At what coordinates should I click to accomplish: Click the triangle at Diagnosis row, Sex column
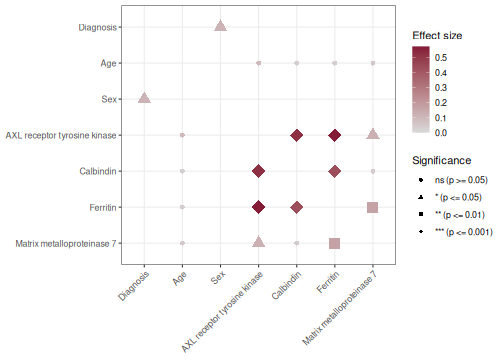220,26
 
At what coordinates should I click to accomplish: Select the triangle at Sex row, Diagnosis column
144,98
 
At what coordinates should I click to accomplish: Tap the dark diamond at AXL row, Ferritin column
335,135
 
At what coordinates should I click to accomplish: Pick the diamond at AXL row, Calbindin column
297,135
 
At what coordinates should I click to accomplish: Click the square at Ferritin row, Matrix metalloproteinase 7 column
373,207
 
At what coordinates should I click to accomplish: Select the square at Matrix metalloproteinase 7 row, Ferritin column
335,243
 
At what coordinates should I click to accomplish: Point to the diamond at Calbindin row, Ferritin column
335,171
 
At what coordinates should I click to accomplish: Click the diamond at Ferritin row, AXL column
258,207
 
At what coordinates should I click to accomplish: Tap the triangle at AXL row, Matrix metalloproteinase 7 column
373,134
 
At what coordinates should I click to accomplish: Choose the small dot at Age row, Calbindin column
297,63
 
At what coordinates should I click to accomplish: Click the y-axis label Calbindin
98,171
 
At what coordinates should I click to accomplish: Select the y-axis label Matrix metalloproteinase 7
66,244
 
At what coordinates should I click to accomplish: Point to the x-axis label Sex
218,277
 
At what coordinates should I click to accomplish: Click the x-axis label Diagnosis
133,286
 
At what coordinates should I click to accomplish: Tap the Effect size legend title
437,35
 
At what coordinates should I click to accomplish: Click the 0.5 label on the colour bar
441,58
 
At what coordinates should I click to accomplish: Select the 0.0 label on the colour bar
441,133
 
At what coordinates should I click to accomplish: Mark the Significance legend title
442,160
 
